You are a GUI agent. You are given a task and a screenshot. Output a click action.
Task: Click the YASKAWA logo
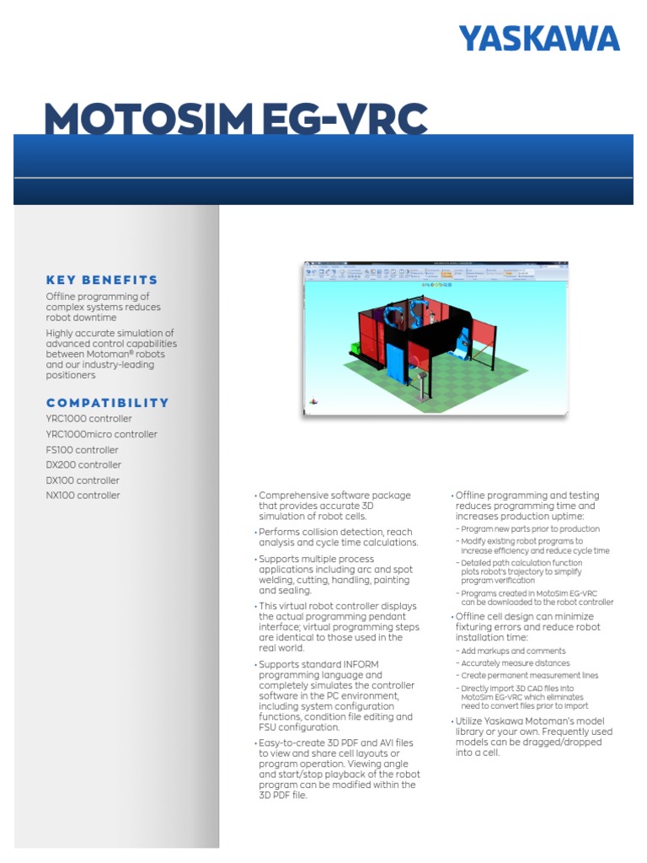point(538,39)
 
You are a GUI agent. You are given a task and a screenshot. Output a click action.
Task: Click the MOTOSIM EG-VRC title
point(236,120)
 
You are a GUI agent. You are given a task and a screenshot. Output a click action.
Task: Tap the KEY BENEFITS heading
point(102,280)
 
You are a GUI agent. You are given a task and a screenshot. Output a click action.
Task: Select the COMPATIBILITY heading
point(107,403)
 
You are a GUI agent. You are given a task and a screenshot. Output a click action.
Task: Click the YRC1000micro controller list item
point(101,435)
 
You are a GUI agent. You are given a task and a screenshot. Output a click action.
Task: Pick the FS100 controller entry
point(82,450)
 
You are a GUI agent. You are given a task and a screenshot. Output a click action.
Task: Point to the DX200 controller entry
point(83,465)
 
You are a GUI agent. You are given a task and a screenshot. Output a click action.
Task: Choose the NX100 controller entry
point(83,496)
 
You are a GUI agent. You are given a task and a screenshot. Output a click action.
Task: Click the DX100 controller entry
point(83,480)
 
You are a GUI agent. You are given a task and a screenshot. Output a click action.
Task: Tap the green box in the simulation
point(356,346)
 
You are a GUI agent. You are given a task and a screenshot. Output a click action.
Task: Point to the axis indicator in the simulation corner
point(314,402)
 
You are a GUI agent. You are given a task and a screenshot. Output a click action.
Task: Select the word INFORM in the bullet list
point(361,665)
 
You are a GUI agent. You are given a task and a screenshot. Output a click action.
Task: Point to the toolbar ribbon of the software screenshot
point(436,272)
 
